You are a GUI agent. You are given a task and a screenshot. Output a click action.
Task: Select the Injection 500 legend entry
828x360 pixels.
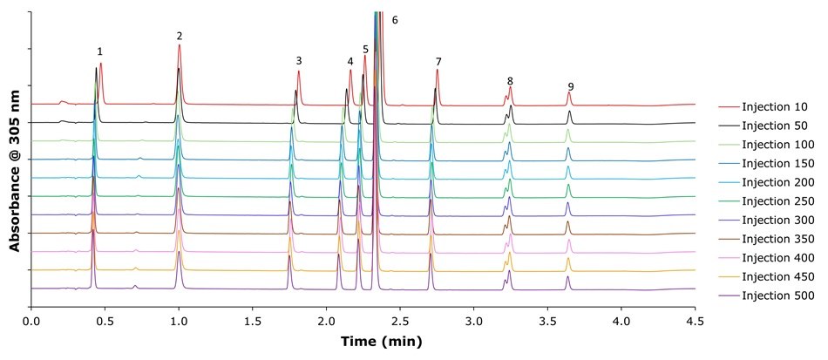(774, 295)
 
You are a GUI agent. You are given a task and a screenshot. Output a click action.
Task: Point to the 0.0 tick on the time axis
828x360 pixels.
(31, 321)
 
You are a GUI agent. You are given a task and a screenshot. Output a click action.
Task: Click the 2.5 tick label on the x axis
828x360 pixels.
(400, 321)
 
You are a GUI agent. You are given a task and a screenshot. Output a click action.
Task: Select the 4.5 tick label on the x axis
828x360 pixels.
(695, 321)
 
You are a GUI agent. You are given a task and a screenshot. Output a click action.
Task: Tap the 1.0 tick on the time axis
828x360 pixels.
(179, 321)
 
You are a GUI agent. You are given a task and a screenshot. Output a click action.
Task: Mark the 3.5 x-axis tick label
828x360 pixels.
(547, 321)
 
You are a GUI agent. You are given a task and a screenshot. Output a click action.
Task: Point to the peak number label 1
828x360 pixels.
(99, 52)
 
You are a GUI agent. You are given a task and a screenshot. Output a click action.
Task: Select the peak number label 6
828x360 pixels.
(395, 19)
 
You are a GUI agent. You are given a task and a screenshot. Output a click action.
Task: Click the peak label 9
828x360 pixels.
(570, 86)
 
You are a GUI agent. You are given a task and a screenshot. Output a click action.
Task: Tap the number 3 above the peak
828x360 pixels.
(299, 61)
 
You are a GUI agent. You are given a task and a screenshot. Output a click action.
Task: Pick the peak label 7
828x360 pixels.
(438, 62)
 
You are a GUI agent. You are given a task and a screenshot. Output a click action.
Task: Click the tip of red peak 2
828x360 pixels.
(180, 45)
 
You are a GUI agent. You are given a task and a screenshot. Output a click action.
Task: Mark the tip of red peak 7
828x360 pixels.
(437, 71)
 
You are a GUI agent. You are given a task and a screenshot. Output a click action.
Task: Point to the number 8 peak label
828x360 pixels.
(510, 81)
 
